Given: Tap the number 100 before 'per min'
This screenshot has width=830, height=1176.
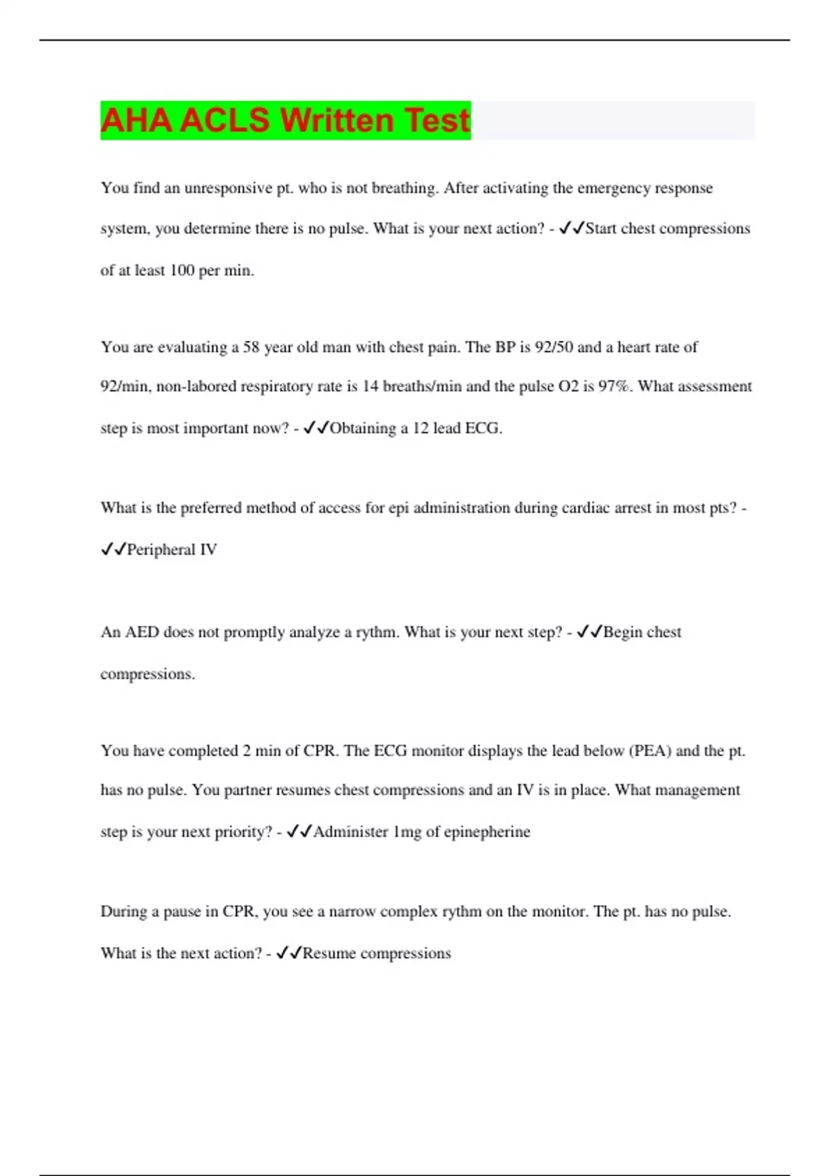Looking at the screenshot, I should [182, 270].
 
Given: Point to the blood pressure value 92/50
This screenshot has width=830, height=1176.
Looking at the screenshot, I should [554, 347].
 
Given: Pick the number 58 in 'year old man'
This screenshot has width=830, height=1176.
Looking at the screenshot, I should [251, 347].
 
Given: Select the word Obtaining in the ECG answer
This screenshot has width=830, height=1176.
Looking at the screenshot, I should [363, 428].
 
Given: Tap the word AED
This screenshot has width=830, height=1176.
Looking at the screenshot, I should [142, 632].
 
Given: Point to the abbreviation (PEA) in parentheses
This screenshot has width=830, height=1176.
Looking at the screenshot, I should [650, 751].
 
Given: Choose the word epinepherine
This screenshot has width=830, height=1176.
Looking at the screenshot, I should [487, 832].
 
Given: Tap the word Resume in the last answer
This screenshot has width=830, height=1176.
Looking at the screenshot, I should [329, 953].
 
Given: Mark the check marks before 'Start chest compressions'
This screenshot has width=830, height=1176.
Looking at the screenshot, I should [571, 228].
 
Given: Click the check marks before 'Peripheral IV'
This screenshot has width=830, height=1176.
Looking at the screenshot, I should [113, 549].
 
